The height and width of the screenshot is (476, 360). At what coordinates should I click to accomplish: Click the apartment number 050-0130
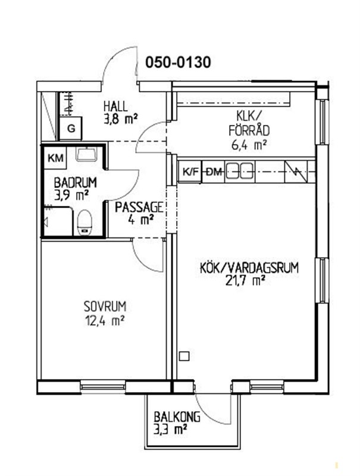(178, 63)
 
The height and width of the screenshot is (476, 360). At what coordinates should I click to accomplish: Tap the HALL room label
(115, 107)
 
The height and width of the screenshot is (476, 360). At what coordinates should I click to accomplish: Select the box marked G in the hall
(71, 129)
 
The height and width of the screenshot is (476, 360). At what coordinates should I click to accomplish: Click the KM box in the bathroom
(56, 158)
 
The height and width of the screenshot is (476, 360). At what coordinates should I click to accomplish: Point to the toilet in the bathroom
(84, 222)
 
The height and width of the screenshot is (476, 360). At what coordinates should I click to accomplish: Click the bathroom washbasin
(86, 154)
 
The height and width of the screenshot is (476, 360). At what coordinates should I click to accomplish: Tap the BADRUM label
(76, 183)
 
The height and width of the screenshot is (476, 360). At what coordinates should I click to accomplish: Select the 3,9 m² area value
(71, 196)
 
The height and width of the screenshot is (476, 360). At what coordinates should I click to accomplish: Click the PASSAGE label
(139, 207)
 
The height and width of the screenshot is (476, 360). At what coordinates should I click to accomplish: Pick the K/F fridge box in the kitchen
(190, 172)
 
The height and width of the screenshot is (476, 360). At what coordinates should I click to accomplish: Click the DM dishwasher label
(214, 172)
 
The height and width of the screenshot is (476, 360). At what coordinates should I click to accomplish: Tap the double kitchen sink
(240, 171)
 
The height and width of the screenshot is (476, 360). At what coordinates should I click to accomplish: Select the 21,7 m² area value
(243, 280)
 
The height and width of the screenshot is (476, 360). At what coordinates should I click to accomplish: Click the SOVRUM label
(105, 306)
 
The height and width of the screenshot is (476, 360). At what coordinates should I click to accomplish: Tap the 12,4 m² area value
(105, 320)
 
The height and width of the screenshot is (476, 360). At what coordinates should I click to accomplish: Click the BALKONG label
(177, 417)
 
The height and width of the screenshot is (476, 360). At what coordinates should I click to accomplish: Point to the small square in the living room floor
(184, 356)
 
